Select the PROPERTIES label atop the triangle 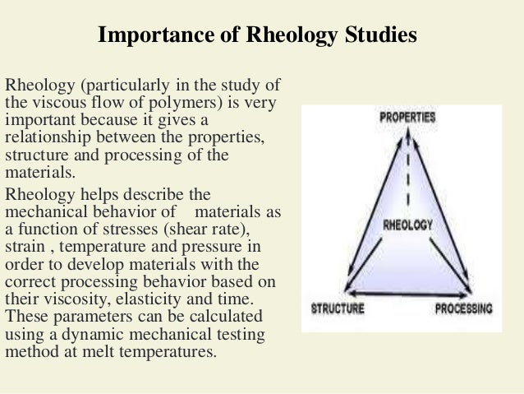point(407,118)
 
